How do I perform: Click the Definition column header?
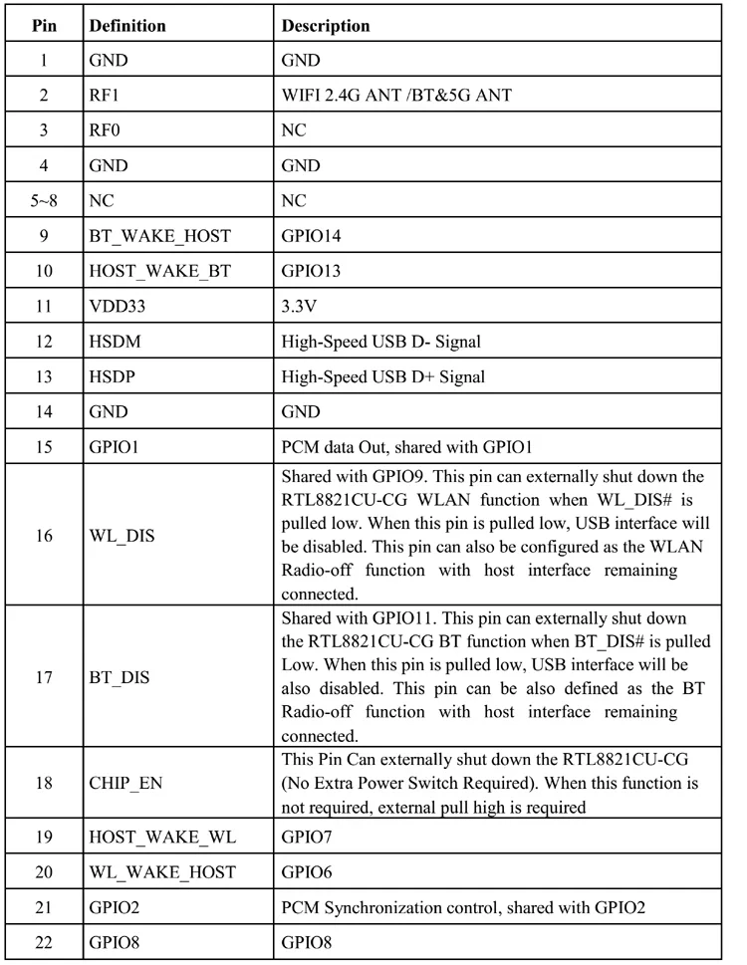127,25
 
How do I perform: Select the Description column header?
326,25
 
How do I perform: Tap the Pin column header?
44,25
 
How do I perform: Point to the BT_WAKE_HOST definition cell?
159,236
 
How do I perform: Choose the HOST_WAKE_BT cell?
159,271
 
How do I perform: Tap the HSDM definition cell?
115,342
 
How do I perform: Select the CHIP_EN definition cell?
125,783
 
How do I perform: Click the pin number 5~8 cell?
44,201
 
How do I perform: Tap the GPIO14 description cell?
313,236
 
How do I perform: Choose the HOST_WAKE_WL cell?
162,837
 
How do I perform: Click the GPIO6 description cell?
308,872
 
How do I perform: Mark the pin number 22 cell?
44,942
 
